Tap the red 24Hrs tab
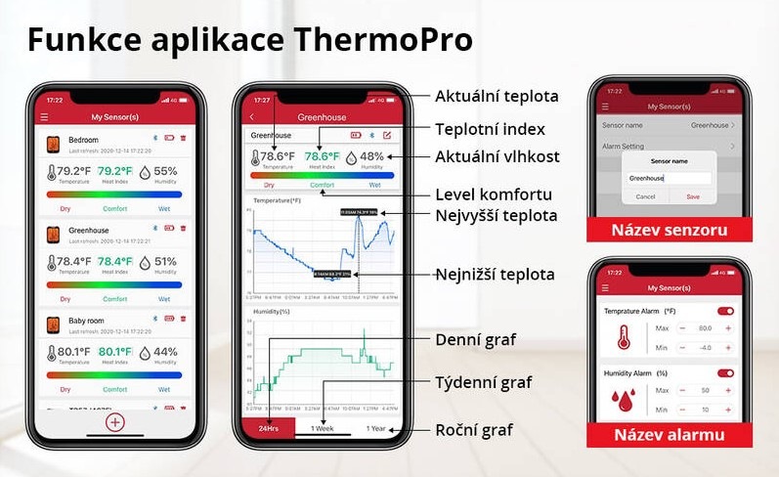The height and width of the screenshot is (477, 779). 268,428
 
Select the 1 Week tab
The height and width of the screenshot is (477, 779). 323,428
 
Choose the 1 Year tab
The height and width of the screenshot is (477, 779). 375,428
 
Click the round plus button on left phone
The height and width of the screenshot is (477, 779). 115,422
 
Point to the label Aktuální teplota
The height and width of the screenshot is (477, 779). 496,96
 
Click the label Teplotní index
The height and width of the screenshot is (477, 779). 489,129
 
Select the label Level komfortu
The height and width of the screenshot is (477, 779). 493,194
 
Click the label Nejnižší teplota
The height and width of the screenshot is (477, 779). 495,275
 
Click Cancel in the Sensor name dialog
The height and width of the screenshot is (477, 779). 645,196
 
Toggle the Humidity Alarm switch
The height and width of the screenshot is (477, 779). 725,372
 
